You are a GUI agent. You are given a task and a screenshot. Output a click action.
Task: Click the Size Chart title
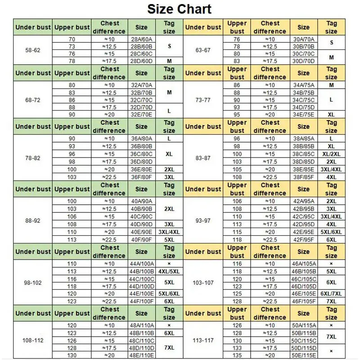[179, 9]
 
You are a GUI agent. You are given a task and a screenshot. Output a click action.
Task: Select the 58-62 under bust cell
[33, 50]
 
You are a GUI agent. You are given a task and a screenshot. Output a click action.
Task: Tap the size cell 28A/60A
[141, 39]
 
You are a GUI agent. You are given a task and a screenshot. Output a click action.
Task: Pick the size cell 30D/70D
[304, 61]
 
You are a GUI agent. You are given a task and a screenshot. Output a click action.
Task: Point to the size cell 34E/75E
[304, 114]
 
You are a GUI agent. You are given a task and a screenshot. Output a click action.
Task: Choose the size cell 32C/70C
[141, 99]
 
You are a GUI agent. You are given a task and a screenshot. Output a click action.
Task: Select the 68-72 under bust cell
[33, 100]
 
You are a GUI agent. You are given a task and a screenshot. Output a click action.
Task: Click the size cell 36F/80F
[141, 177]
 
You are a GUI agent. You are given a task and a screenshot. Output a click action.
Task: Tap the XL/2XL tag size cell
[331, 154]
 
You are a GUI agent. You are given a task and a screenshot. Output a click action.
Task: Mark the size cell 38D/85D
[304, 162]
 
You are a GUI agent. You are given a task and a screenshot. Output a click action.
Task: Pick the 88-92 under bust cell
[33, 220]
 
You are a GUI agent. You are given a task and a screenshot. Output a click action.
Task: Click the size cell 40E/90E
[141, 232]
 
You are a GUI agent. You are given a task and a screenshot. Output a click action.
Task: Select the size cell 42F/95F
[304, 239]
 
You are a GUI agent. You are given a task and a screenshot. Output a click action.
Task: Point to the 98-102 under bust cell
[33, 283]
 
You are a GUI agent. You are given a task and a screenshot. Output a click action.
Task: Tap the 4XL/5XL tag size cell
[169, 271]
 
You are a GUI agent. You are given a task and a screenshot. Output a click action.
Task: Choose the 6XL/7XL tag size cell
[331, 294]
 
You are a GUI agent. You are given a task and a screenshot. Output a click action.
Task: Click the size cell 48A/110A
[141, 325]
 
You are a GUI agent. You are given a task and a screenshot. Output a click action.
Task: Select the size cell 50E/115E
[304, 355]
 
